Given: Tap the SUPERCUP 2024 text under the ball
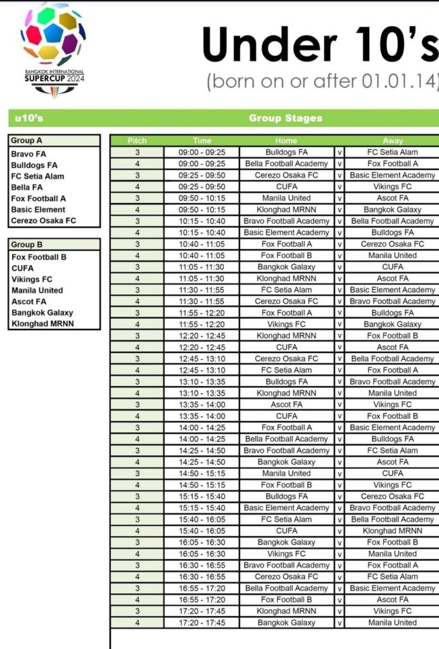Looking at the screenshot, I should [x=54, y=79].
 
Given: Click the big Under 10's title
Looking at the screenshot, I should [x=320, y=46].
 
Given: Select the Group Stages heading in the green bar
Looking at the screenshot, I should [x=285, y=118].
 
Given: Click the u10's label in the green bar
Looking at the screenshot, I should [x=29, y=118].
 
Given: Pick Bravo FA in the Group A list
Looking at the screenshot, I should [x=29, y=154].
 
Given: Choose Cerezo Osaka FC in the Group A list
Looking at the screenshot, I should [x=43, y=221].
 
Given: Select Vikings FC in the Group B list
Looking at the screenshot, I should [x=32, y=279].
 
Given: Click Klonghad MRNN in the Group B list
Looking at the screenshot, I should [x=42, y=323].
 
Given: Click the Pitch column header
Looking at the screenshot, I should [x=137, y=141].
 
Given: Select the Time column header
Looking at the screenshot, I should [x=202, y=141].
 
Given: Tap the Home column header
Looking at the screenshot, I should [x=286, y=141].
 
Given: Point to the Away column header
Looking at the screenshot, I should [x=392, y=141].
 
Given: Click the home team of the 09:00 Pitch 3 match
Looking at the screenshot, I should [x=286, y=152].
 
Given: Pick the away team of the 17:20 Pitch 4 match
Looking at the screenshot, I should [x=392, y=622].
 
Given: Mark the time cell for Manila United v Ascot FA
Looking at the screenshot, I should [x=202, y=198].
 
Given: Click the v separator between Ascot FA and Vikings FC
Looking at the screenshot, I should [x=340, y=404].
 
